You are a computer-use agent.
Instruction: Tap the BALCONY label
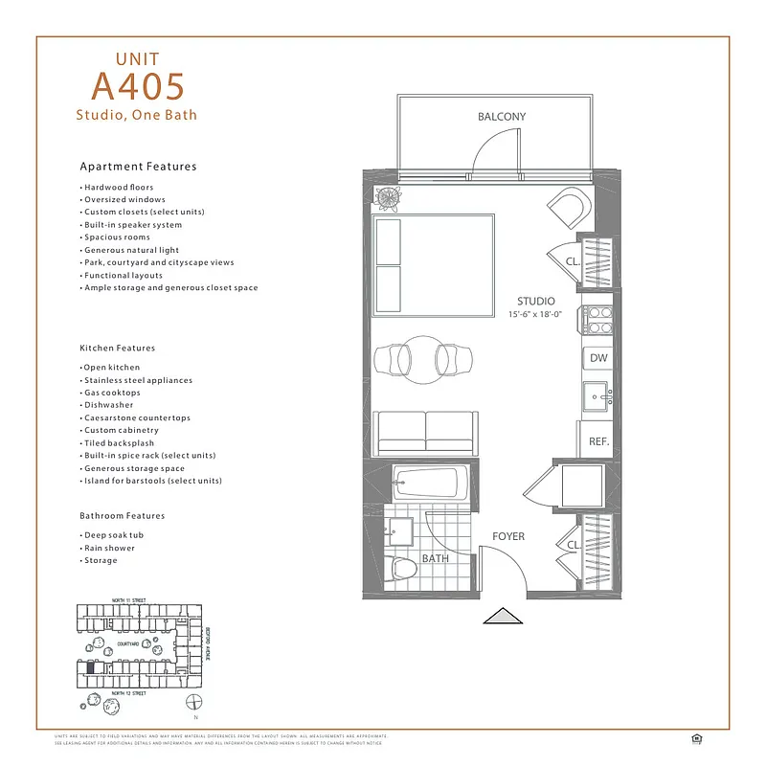pyautogui.click(x=502, y=117)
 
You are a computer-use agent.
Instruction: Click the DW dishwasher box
pyautogui.click(x=597, y=358)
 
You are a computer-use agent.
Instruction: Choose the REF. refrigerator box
pyautogui.click(x=598, y=441)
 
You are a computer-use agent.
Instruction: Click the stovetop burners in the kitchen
pyautogui.click(x=595, y=320)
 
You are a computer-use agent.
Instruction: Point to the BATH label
pyautogui.click(x=436, y=558)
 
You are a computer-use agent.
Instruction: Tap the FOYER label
pyautogui.click(x=508, y=536)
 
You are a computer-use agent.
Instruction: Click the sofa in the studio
pyautogui.click(x=424, y=434)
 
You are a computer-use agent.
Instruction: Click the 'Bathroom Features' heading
pyautogui.click(x=123, y=516)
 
